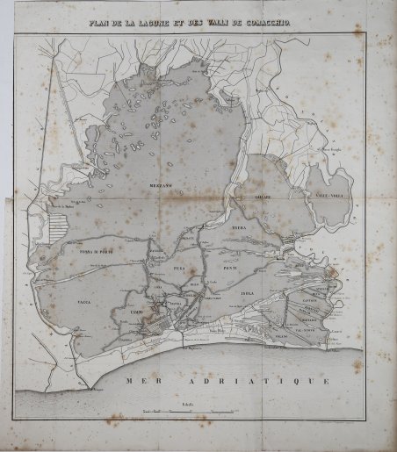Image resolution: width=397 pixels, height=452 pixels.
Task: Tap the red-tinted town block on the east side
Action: [x=333, y=283]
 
